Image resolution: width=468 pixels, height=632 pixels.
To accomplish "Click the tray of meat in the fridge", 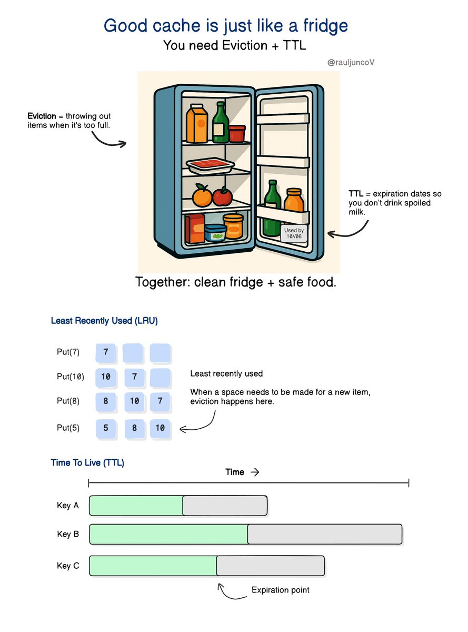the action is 210,166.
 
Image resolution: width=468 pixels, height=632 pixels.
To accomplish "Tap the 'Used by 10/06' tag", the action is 294,233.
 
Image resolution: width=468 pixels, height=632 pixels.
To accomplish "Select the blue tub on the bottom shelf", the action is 214,232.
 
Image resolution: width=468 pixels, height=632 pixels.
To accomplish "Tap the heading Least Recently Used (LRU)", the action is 104,320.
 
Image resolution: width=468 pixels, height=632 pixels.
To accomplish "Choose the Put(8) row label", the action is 68,400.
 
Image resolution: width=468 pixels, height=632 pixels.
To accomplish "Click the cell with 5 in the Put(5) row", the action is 106,428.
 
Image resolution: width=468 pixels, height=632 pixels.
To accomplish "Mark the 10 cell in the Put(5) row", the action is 160,428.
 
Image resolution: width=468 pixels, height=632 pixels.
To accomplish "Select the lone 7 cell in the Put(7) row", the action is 106,352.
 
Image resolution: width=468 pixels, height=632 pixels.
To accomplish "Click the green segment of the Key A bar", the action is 136,506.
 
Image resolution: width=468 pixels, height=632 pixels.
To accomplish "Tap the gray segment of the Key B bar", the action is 324,534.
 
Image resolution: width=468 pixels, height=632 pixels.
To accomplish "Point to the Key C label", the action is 68,566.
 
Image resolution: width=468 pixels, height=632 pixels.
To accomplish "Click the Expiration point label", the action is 280,590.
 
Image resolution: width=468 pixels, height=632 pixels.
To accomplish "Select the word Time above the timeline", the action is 235,472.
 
